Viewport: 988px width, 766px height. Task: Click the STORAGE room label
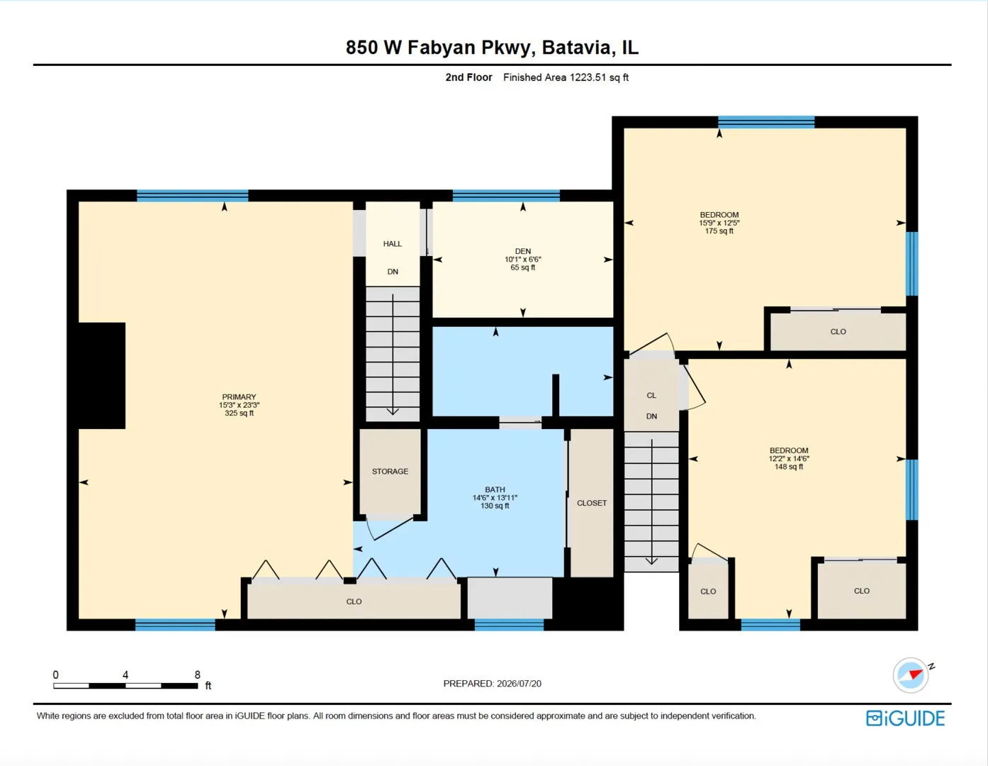390,471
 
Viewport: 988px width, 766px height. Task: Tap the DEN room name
523,251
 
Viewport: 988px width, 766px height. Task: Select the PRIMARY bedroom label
239,396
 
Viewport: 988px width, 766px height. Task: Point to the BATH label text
495,489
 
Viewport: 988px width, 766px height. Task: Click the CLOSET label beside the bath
592,503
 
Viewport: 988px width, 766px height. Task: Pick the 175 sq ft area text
719,231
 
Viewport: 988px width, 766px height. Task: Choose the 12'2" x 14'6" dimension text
789,458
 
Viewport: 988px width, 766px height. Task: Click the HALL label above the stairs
393,244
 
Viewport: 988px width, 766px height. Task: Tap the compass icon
910,675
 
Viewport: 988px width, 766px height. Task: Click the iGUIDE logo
905,718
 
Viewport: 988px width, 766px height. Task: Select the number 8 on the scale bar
197,675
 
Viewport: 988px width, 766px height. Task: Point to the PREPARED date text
493,683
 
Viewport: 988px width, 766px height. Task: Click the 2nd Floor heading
468,77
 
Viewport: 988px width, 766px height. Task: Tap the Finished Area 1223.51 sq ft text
566,77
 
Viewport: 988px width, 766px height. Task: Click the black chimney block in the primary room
102,376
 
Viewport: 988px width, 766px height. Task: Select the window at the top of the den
506,196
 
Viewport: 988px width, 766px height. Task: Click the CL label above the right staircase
651,395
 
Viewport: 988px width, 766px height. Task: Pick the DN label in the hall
393,272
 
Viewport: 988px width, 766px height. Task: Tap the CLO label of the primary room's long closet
354,601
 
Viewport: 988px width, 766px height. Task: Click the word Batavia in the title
576,48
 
